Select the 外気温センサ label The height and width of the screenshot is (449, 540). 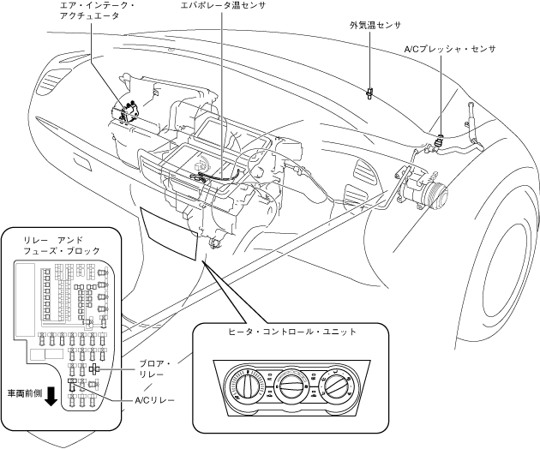[371, 25]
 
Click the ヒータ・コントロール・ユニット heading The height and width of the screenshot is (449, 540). [291, 331]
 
